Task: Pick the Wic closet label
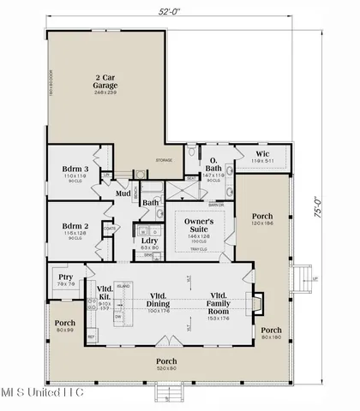pos(262,154)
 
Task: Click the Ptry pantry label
pos(65,278)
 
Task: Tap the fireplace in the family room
pos(255,304)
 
